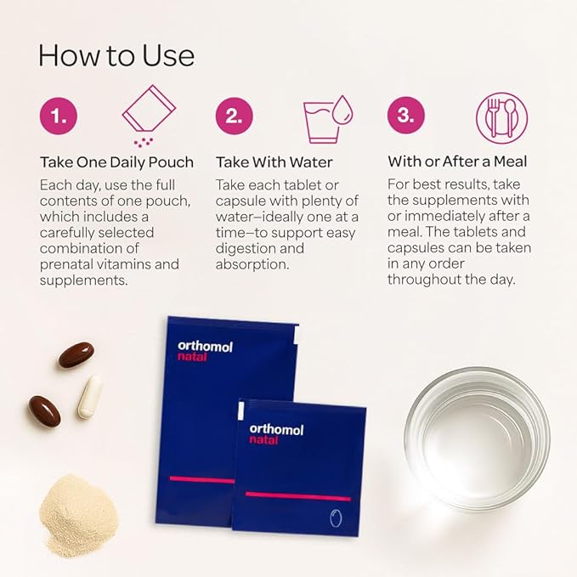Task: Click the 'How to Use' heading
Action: [116, 55]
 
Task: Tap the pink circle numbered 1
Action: [59, 116]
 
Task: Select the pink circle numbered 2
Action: [235, 116]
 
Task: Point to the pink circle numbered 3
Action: [406, 116]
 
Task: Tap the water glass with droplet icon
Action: [327, 119]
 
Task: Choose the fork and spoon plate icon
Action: [502, 118]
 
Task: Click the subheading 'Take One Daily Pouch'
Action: [116, 162]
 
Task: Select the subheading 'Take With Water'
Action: [274, 162]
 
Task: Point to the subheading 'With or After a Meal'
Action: [457, 161]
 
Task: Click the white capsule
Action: [89, 396]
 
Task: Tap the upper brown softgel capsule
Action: [76, 354]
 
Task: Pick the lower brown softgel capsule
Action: [44, 411]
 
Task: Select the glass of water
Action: [478, 438]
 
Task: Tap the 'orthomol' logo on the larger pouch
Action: [205, 346]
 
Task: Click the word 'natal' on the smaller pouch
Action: [263, 440]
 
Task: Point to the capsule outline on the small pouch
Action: [336, 518]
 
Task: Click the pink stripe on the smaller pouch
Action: [298, 496]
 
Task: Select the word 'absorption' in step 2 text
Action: [252, 264]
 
